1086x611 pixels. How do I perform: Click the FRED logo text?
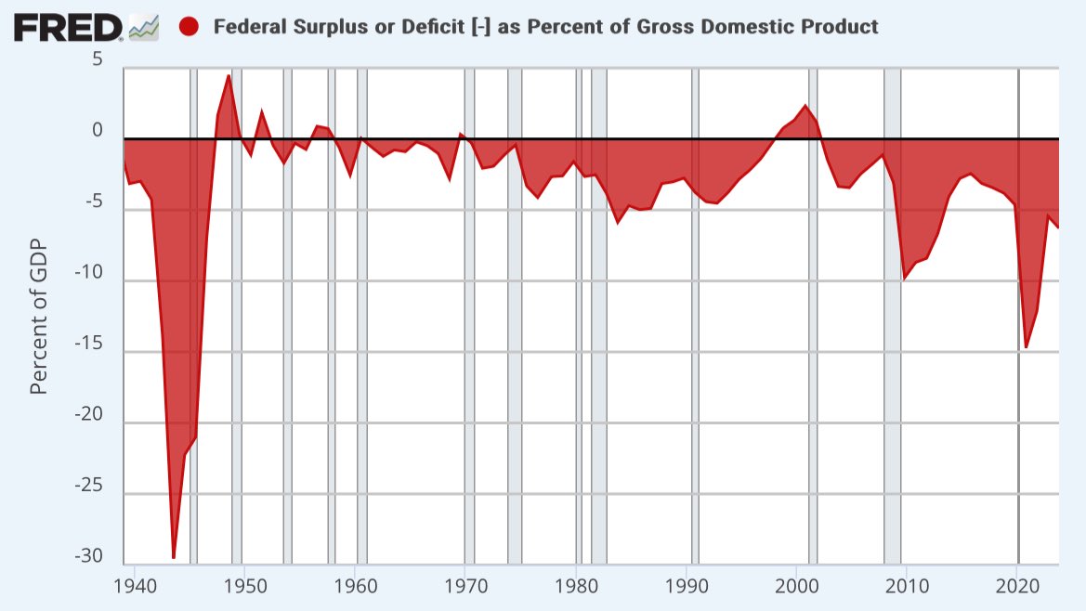tap(67, 27)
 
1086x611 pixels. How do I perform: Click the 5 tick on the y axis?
tap(97, 60)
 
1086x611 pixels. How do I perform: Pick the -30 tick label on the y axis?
tap(90, 556)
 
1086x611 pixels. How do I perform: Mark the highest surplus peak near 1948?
tap(229, 75)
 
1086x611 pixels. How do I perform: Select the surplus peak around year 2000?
tap(805, 106)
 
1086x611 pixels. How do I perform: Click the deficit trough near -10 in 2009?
tap(905, 278)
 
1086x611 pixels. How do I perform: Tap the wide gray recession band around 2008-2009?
tap(892, 371)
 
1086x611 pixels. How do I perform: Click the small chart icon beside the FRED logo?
tap(143, 30)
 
